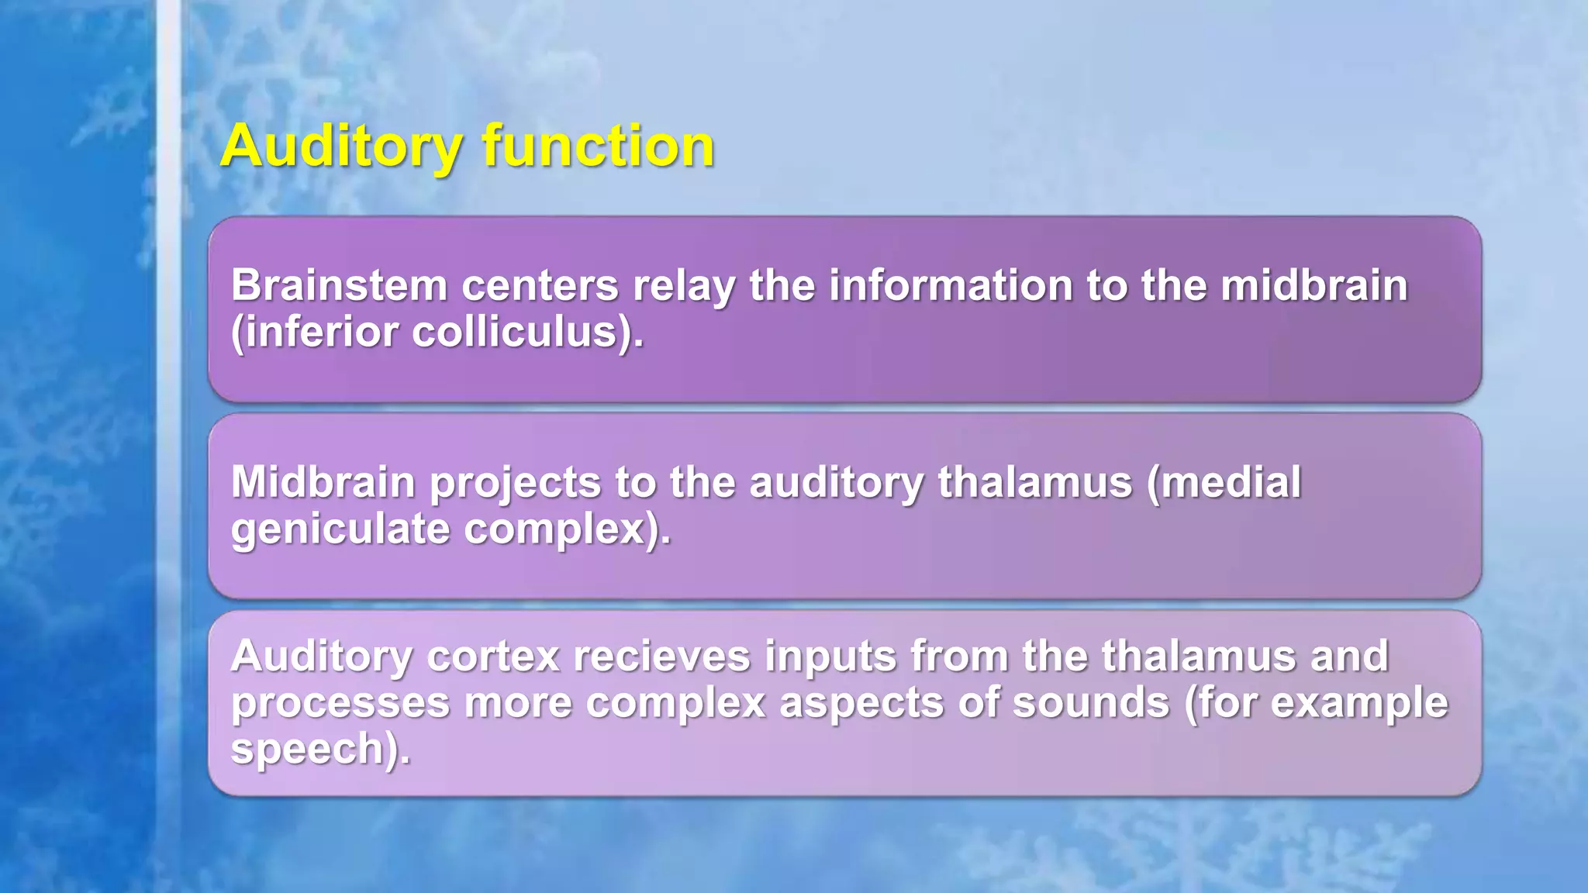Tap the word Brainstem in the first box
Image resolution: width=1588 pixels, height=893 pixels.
pos(339,285)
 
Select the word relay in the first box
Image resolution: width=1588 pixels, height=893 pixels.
pos(683,285)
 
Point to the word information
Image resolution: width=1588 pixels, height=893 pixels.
pos(951,285)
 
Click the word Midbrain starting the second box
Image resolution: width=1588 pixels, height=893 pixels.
pos(323,482)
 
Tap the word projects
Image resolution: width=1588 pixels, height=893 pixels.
pos(515,484)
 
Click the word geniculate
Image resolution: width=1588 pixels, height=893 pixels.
pos(340,530)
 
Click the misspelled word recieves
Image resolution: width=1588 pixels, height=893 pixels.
pos(661,657)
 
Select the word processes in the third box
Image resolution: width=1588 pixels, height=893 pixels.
pos(340,704)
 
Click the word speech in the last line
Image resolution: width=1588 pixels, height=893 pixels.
pos(314,750)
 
